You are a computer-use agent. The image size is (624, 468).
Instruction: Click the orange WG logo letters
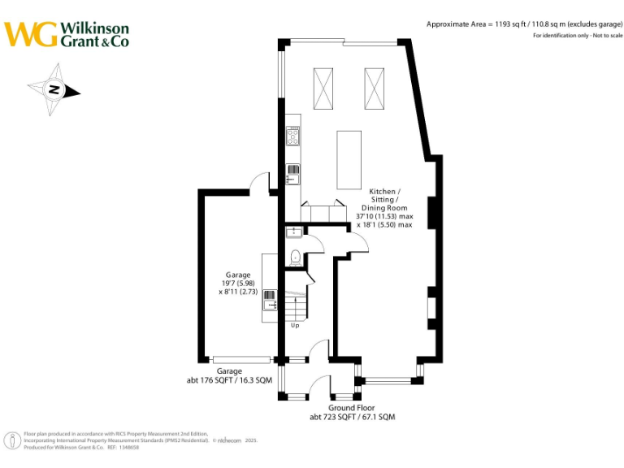coord(31,35)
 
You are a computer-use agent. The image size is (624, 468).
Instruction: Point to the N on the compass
coord(54,90)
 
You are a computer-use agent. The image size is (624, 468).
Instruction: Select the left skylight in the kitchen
coord(323,89)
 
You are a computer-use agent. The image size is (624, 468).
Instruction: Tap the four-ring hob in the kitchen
coord(293,137)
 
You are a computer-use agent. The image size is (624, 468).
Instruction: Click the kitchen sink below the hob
coord(293,173)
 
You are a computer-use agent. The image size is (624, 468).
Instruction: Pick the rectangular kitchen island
coord(349,158)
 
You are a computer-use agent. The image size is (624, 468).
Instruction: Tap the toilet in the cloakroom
coord(295,258)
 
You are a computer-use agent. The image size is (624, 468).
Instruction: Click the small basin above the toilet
coord(293,232)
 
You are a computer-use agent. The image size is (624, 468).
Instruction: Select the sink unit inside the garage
coord(270,304)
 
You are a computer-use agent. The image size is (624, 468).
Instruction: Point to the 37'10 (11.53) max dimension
coord(384,216)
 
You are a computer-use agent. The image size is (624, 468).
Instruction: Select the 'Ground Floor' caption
coord(351,408)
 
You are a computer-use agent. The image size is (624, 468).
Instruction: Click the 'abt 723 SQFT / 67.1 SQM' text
coord(352,417)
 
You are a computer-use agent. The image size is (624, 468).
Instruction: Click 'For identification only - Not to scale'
coord(577,37)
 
